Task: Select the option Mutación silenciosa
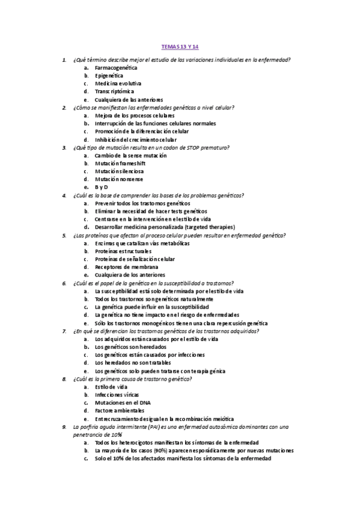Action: [119, 171]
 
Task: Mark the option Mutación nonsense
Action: [119, 179]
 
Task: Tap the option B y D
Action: [101, 187]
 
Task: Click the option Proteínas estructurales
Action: [123, 251]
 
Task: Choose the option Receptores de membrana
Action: [126, 266]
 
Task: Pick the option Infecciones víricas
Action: [117, 395]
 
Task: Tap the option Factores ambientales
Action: [119, 410]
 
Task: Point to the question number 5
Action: [64, 235]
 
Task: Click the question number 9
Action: [64, 426]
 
